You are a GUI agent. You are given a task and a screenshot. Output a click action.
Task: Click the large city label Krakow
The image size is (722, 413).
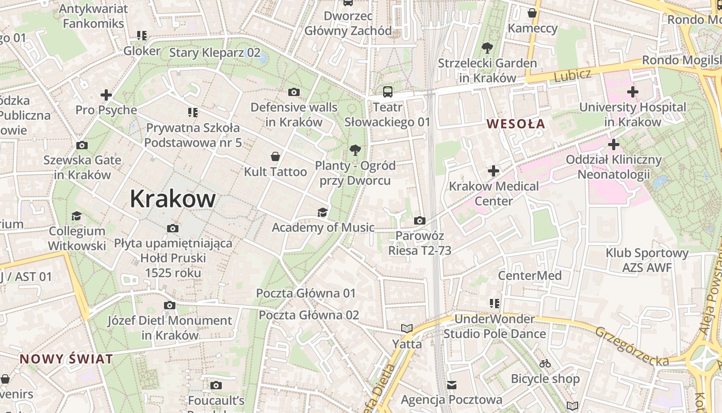[x=172, y=199]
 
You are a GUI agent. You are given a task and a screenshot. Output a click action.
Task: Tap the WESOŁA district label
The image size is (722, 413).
[x=516, y=124]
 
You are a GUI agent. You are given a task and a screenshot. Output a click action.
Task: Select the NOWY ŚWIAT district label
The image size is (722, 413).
[x=66, y=359]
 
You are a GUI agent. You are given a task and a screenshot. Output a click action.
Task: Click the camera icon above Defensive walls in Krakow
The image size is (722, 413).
[x=294, y=92]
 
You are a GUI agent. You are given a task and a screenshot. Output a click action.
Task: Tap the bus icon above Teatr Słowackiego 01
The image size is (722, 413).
[x=387, y=92]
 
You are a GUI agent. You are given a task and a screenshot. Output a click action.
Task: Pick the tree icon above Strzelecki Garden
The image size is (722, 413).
[x=487, y=49]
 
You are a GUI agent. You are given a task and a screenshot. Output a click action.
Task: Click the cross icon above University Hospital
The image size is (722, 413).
[x=632, y=92]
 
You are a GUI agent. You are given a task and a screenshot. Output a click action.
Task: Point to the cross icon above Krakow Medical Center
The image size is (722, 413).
[x=494, y=171]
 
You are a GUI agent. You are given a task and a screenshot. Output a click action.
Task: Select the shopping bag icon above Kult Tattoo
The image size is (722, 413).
[x=275, y=156]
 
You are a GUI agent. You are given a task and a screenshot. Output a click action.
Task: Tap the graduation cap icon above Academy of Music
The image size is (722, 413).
[x=322, y=212]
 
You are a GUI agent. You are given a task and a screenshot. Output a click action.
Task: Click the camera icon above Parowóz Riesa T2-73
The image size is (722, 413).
[x=420, y=221]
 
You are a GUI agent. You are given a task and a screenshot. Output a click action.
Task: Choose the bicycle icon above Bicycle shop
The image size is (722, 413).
[x=545, y=364]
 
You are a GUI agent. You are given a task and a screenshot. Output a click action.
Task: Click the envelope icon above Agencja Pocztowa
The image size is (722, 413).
[x=452, y=385]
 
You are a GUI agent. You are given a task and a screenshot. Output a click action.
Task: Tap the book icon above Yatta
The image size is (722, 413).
[x=407, y=328]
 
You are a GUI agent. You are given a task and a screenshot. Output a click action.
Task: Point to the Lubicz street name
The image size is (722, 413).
[x=572, y=75]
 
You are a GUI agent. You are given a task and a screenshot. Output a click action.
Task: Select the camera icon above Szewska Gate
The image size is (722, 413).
[x=81, y=145]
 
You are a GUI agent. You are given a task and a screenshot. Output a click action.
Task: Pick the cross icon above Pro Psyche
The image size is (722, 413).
[x=106, y=95]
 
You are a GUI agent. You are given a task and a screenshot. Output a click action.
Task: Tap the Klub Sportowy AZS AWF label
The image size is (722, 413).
[x=647, y=260]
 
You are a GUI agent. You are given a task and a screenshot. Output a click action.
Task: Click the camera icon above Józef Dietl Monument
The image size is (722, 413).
[x=170, y=306]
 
